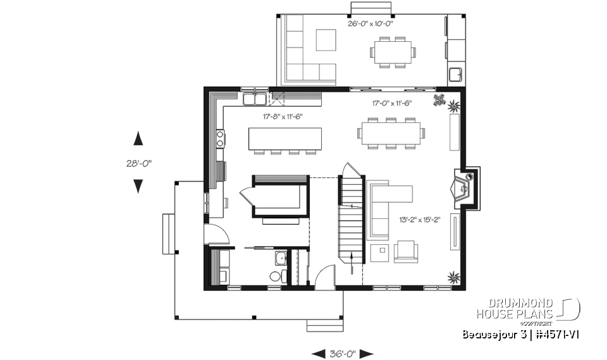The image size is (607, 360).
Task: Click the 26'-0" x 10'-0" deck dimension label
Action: coord(371,24)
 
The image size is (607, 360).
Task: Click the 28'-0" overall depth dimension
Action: coord(137,163)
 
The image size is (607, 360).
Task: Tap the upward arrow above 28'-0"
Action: coord(137,139)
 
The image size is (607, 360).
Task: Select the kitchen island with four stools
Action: coord(285,137)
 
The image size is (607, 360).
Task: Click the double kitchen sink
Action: coord(255,99)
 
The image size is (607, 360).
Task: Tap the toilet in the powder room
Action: coord(276,276)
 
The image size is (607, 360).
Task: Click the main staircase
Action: coord(352,218)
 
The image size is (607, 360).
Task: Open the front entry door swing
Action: coord(324,278)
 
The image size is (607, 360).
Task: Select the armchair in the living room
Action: coord(405,251)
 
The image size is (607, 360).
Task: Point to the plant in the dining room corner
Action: coord(439,99)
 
